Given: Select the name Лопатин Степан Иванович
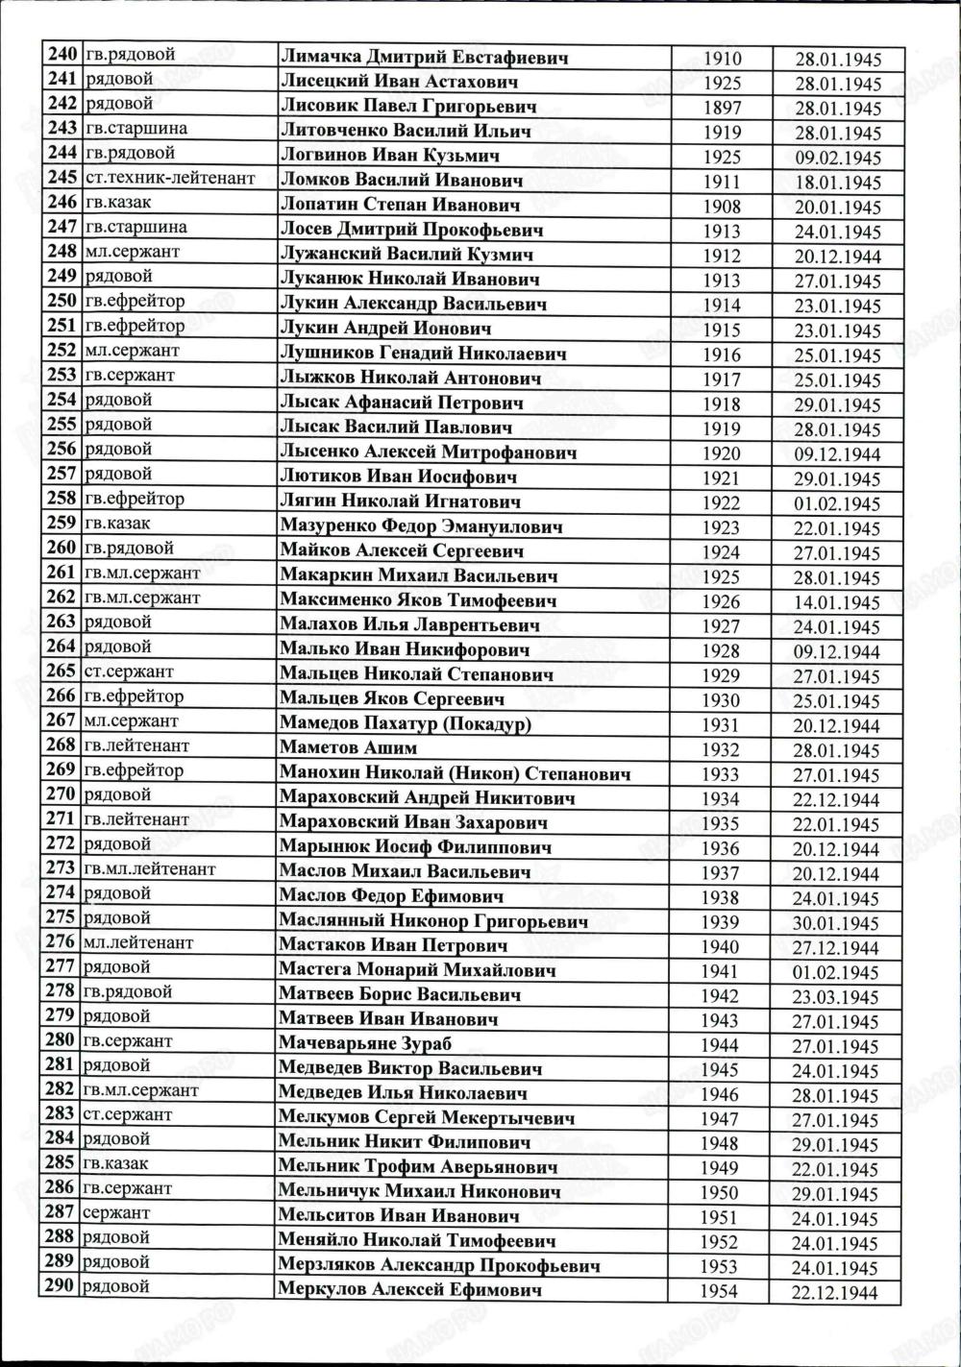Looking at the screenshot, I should pyautogui.click(x=399, y=205).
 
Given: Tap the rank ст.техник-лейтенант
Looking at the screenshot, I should pyautogui.click(x=169, y=178).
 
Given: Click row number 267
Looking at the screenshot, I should pyautogui.click(x=61, y=720).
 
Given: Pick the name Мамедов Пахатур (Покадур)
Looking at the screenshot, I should pyautogui.click(x=405, y=723).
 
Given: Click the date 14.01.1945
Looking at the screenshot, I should pyautogui.click(x=837, y=603).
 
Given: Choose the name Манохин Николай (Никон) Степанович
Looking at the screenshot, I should pyautogui.click(x=454, y=772).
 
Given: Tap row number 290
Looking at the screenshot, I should pyautogui.click(x=60, y=1285).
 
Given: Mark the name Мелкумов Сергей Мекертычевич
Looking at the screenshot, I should pyautogui.click(x=426, y=1117).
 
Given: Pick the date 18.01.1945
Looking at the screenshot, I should pyautogui.click(x=837, y=183).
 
